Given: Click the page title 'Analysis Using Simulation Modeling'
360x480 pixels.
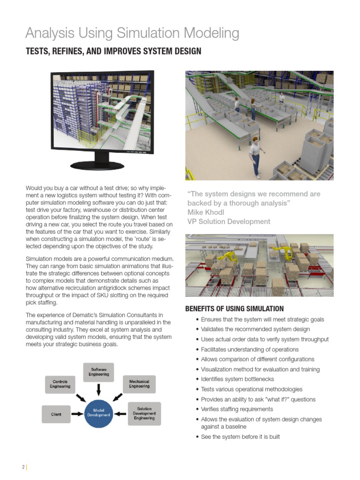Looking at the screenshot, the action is coord(132,33).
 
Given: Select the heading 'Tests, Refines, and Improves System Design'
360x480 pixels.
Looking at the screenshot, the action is coord(113,51).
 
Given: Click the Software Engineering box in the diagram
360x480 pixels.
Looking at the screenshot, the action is coord(99,372).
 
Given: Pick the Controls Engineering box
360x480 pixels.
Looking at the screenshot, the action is coord(60,384).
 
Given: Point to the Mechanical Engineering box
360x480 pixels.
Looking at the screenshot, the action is coord(139,384).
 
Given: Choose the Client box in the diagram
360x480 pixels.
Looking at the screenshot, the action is coord(56,414).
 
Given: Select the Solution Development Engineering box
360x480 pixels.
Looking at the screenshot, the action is coord(144,413).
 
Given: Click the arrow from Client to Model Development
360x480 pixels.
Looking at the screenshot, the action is coord(77,414).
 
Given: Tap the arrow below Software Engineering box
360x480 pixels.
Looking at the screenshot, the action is coord(99,389).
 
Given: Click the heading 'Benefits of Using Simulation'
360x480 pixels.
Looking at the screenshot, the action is coord(234,308).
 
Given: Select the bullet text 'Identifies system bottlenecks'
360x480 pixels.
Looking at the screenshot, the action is coord(237,379).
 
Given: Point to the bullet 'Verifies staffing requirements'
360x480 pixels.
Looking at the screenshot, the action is coord(237,409).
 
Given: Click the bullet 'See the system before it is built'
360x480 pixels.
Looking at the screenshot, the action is coord(240,437).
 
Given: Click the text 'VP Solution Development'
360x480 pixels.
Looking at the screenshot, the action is coord(229,222).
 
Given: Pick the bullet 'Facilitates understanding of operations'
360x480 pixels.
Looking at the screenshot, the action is coord(249,349).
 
